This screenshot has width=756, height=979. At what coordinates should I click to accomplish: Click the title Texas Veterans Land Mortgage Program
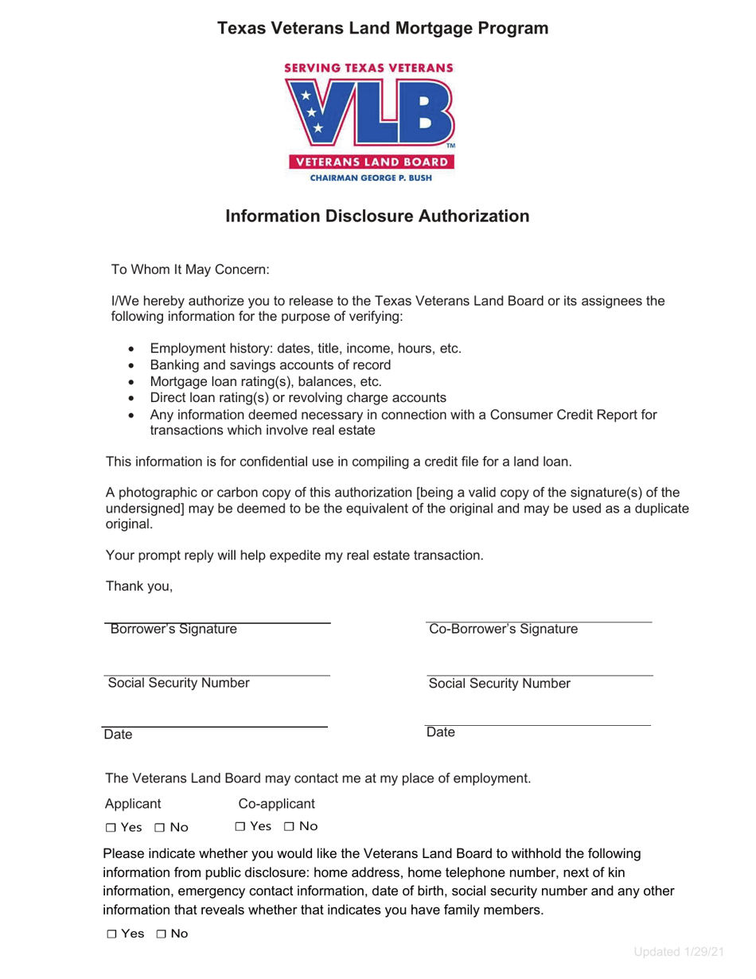click(383, 29)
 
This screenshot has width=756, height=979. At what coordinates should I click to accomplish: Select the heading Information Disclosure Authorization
click(377, 216)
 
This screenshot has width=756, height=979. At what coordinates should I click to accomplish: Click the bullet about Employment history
click(306, 348)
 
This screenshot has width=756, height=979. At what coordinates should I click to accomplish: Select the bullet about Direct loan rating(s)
click(298, 397)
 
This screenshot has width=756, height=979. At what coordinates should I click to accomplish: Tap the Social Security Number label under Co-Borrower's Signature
click(500, 683)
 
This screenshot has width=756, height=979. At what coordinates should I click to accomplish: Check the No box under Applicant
click(162, 829)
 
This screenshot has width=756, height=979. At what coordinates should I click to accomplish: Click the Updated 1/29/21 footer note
click(680, 953)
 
